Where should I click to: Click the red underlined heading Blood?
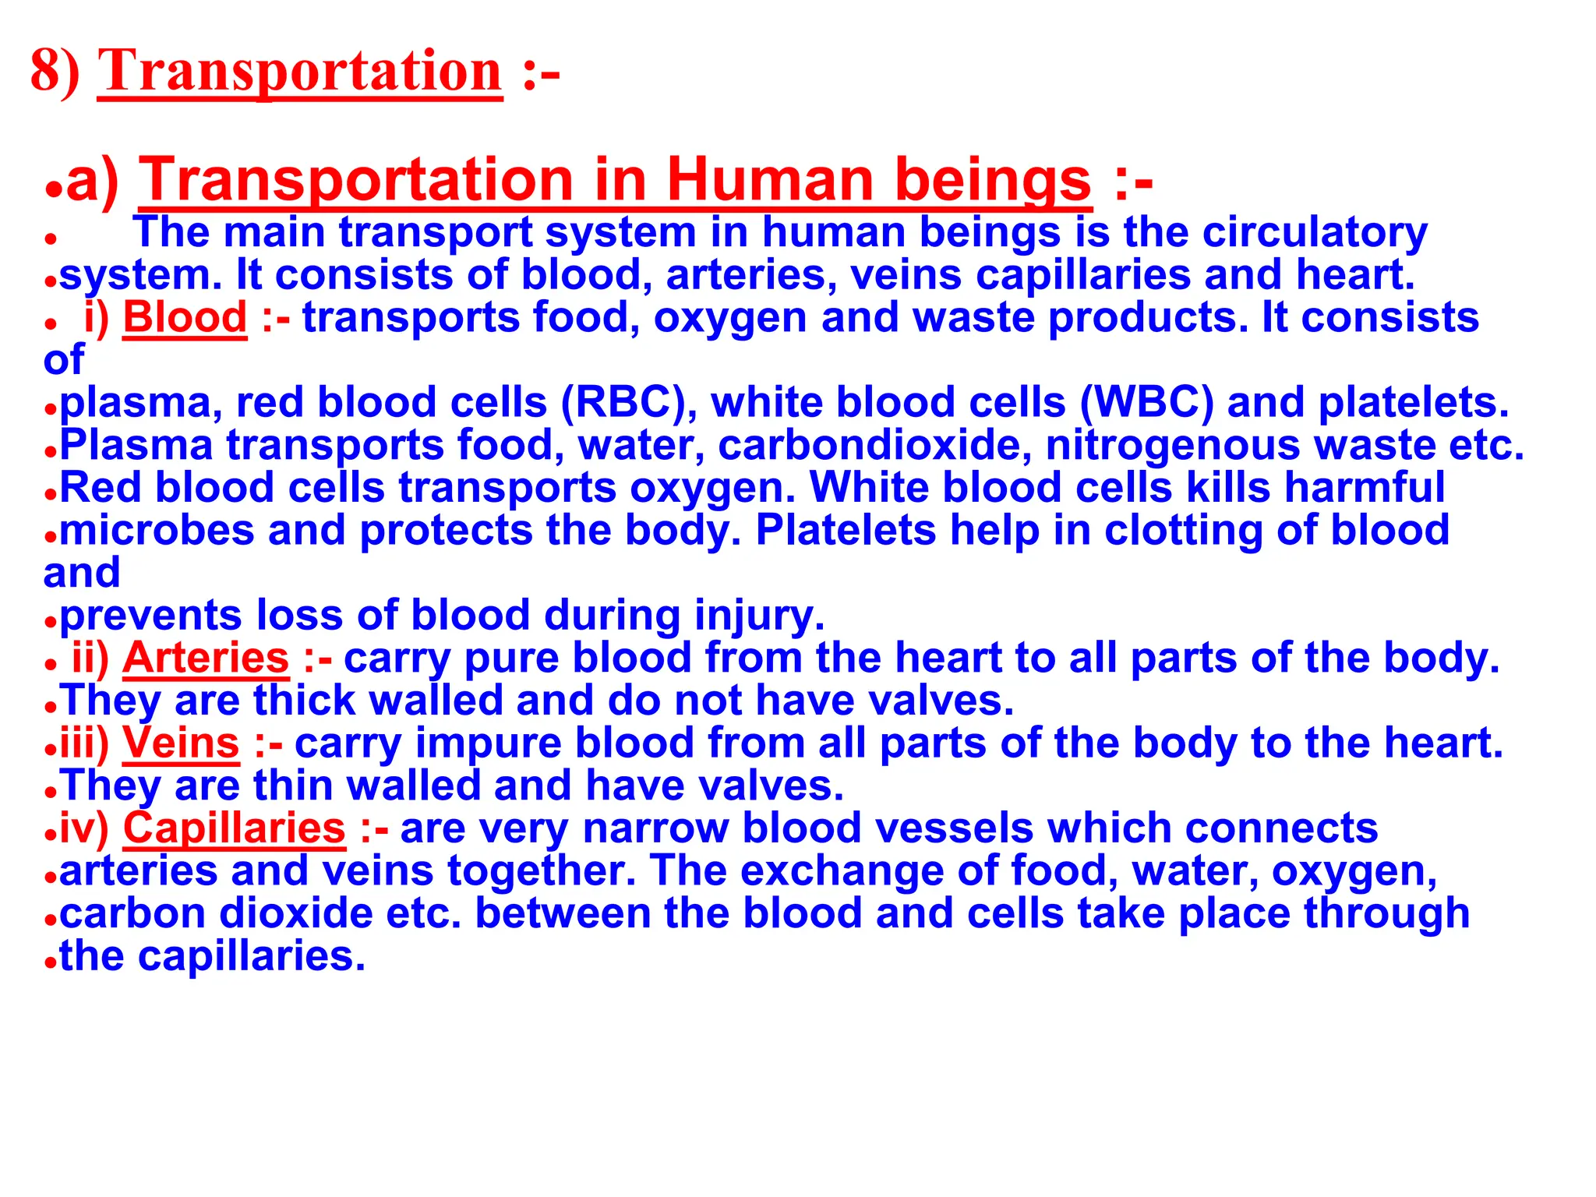(x=185, y=318)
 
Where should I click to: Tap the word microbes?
(x=157, y=530)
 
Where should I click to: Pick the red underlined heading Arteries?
(x=206, y=658)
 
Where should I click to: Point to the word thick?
(x=305, y=701)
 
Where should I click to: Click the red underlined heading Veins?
(x=181, y=743)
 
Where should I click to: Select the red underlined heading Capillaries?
(x=234, y=828)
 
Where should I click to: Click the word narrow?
(x=655, y=828)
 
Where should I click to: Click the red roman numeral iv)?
(x=84, y=828)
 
